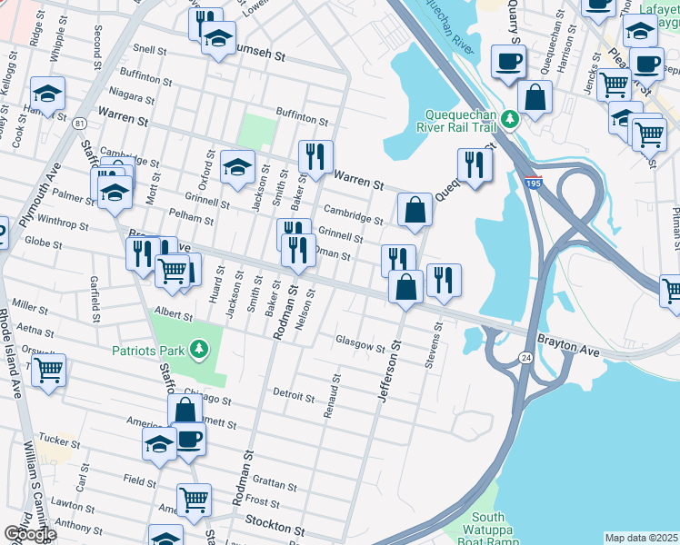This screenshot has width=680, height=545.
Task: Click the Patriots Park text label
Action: pyautogui.click(x=151, y=350)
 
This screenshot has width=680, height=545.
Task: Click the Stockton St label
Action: pyautogui.click(x=275, y=528)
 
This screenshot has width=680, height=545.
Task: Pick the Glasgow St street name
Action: pyautogui.click(x=361, y=344)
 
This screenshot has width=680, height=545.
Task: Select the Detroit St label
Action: pyautogui.click(x=293, y=396)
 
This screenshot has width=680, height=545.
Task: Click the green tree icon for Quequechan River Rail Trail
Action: pyautogui.click(x=511, y=117)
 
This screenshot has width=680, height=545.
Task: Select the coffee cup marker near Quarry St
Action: pyautogui.click(x=508, y=61)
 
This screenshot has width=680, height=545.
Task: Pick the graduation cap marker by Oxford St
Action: pyautogui.click(x=237, y=166)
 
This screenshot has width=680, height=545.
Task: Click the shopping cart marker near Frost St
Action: pyautogui.click(x=194, y=499)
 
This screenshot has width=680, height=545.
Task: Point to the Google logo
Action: pyautogui.click(x=30, y=534)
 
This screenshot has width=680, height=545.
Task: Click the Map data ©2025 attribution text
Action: pyautogui.click(x=641, y=538)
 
